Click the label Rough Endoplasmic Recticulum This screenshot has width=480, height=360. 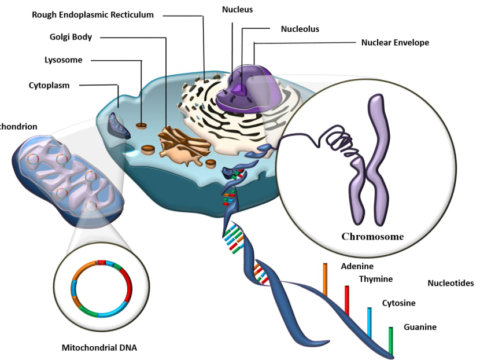pos(93,14)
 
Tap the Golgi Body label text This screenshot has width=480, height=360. pos(71,38)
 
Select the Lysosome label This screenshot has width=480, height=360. pos(64,60)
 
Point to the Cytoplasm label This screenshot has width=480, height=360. pos(49,85)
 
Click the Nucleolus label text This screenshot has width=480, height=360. pos(300,28)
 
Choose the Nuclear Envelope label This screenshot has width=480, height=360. pos(395,42)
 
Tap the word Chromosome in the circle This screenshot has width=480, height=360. pos(372,236)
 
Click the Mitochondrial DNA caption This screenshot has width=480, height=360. pos(99,348)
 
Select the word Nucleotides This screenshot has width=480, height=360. pos(451,283)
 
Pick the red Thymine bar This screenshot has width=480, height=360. pos(347,300)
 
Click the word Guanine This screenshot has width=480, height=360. pos(420,327)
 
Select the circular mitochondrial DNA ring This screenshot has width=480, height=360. pos(102,289)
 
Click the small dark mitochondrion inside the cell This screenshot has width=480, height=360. pos(120,124)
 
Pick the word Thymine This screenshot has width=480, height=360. pos(376,279)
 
